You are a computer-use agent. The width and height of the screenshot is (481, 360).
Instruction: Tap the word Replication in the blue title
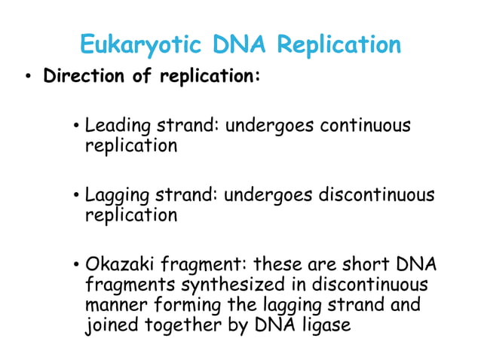click(x=339, y=45)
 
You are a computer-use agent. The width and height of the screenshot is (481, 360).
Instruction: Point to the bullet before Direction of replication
click(x=27, y=78)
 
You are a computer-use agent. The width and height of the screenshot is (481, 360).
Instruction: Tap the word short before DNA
click(x=369, y=265)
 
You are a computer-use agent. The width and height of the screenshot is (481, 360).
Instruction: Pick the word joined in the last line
click(x=108, y=327)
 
